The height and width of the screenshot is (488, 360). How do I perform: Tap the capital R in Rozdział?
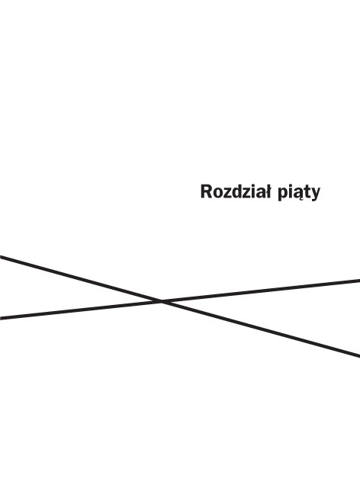click(x=207, y=191)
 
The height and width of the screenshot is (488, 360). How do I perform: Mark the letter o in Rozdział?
click(x=218, y=194)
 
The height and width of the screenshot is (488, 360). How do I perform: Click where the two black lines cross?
click(x=162, y=301)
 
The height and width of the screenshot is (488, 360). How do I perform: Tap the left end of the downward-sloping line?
click(x=0, y=257)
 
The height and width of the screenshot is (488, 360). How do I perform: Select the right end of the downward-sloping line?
click(x=359, y=355)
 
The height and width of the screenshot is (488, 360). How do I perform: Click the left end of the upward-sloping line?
click(x=0, y=318)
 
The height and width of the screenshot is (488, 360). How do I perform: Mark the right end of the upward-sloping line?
click(x=359, y=281)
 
